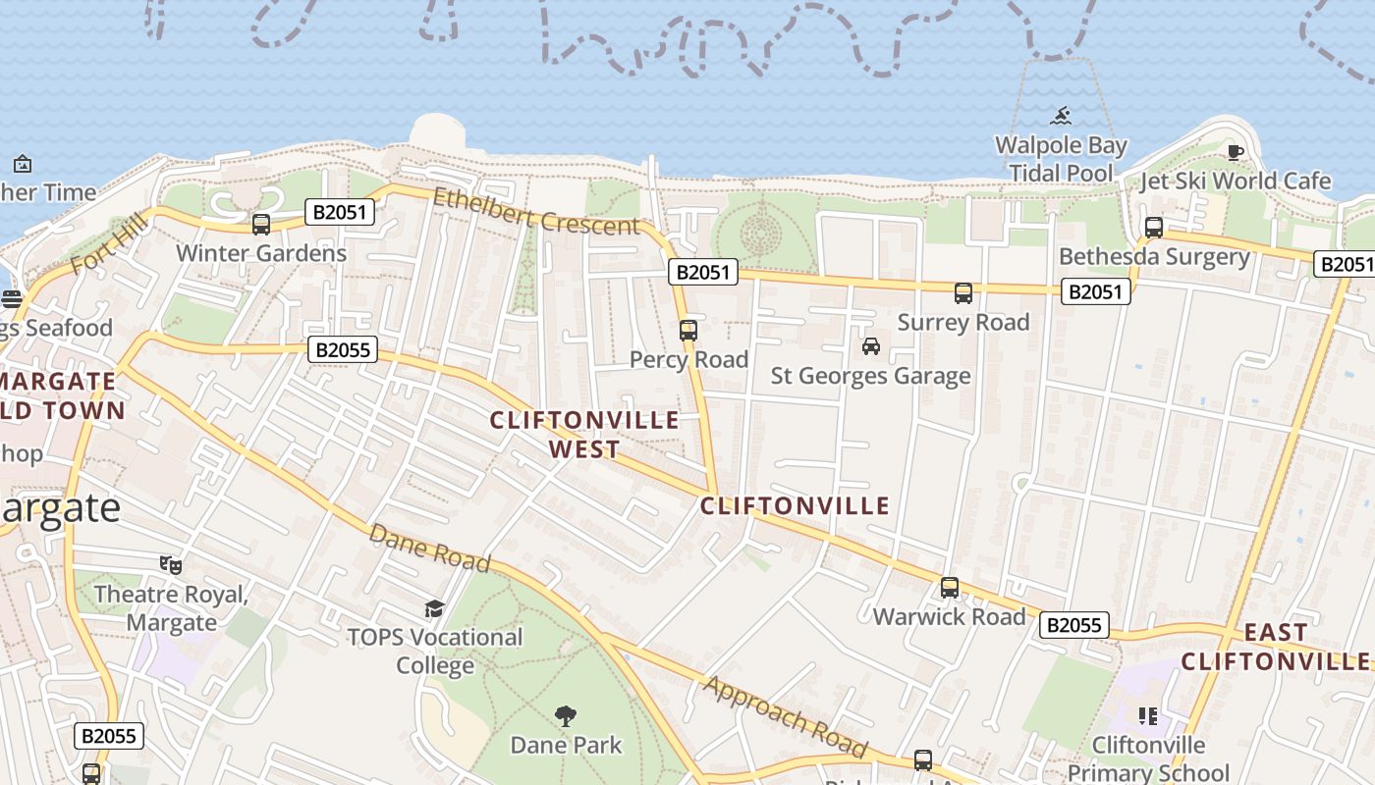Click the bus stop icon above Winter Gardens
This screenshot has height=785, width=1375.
[261, 225]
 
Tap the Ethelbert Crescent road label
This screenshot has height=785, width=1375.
[535, 210]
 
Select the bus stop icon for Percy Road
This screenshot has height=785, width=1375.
[688, 331]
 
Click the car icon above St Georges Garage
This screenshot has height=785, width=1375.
[870, 346]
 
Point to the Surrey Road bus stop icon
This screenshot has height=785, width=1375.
[963, 293]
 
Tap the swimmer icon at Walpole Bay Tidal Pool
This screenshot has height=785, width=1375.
[1061, 117]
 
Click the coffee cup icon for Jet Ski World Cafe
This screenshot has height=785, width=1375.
[1235, 152]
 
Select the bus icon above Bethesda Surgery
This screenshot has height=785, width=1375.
[1154, 228]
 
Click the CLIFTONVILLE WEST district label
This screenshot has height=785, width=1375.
[584, 435]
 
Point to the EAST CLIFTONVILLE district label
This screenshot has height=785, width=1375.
[1275, 647]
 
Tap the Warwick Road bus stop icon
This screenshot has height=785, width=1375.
[950, 588]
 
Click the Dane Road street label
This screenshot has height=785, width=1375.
[429, 548]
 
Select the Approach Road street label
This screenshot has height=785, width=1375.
[786, 716]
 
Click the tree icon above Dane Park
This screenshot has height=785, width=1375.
[566, 715]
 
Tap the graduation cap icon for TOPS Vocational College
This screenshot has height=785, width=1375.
[435, 608]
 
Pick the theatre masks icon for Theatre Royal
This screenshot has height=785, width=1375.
[171, 565]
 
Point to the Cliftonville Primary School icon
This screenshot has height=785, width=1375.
[1147, 716]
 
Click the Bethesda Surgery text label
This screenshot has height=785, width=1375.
[1154, 257]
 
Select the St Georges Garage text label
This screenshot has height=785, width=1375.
[870, 376]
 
